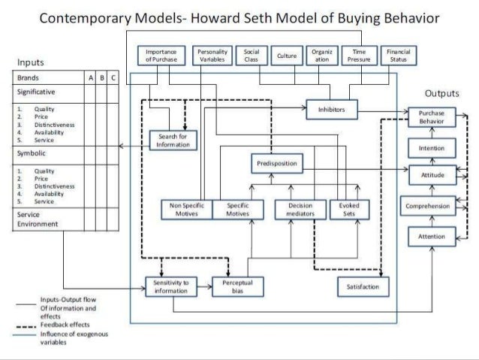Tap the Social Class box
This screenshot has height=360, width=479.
coord(252,55)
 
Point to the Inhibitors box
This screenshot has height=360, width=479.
coord(331,110)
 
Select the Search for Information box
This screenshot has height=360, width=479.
coord(174,140)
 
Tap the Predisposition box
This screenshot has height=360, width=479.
coord(276,162)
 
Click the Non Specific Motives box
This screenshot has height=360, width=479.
coord(186,210)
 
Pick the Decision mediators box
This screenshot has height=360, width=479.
coord(299,210)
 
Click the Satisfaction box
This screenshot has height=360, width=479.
coord(363,286)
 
